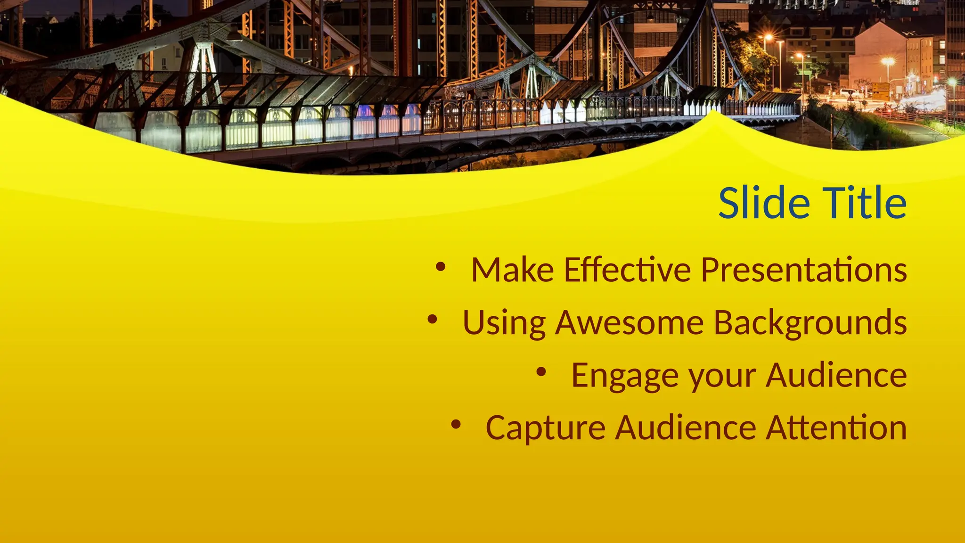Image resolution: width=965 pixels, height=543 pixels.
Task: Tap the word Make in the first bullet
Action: tap(512, 270)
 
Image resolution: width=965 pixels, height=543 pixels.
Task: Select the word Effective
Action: tap(627, 270)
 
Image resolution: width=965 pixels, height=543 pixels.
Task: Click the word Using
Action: tap(504, 323)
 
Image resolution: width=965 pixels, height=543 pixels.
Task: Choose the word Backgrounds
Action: tap(810, 323)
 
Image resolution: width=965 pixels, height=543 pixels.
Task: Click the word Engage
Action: tap(624, 376)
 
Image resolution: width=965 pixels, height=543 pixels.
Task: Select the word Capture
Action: tap(545, 428)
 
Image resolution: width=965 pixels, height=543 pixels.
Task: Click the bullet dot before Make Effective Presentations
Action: tap(441, 267)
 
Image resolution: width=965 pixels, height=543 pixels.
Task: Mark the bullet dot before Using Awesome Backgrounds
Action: tap(432, 320)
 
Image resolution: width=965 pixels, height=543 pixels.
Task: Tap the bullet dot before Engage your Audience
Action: tap(541, 372)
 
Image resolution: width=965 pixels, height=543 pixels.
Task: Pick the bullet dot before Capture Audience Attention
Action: tap(455, 425)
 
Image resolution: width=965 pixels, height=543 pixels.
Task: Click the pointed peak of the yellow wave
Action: tap(714, 113)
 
